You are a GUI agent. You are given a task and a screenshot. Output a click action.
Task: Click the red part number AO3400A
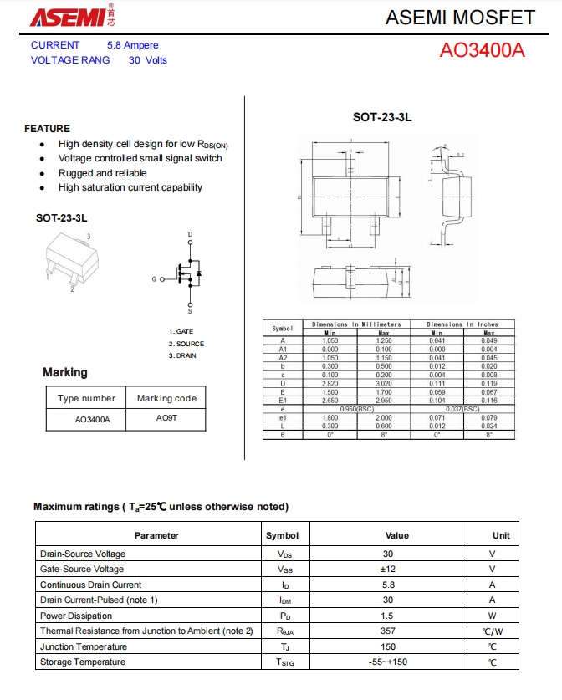point(483,50)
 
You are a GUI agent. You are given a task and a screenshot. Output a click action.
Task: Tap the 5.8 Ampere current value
point(132,45)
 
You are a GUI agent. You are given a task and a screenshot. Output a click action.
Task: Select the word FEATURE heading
point(48,129)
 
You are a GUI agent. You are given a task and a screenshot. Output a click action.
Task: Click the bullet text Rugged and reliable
point(102,173)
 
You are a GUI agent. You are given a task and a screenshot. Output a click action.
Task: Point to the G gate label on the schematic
point(153,278)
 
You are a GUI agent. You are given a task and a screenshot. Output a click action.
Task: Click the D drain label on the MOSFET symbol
point(190,233)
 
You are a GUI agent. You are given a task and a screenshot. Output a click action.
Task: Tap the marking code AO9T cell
point(166,418)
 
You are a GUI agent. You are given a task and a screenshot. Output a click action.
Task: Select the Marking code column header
point(166,398)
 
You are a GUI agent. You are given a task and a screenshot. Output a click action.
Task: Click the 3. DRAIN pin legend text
point(182,355)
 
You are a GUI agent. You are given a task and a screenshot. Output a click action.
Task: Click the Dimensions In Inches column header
point(462,324)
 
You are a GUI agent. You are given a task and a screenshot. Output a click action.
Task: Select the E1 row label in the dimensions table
point(283,401)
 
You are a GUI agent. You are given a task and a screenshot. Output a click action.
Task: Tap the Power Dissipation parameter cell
point(77,616)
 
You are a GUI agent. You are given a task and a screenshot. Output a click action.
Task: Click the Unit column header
point(501,535)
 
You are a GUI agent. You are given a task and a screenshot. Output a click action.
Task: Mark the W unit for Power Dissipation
point(493,616)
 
